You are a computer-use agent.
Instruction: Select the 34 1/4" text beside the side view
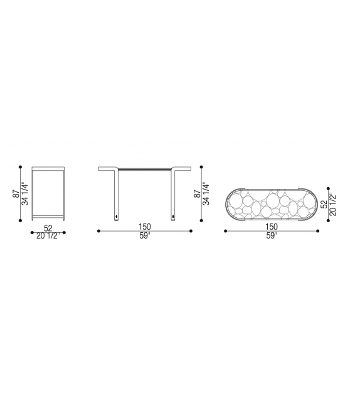[x=24, y=194]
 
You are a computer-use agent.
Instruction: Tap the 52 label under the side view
[x=48, y=228]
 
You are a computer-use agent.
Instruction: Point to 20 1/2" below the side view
[x=48, y=236]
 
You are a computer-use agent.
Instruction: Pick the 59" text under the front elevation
[x=145, y=236]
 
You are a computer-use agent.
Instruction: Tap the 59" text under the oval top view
[x=272, y=236]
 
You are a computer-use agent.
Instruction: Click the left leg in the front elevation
[x=117, y=195]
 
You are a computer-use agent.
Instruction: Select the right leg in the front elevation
[x=173, y=195]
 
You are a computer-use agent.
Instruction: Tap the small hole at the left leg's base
[x=117, y=217]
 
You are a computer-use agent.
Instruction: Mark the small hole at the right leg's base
[x=173, y=217]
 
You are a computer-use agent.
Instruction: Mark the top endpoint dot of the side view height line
[x=21, y=166]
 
